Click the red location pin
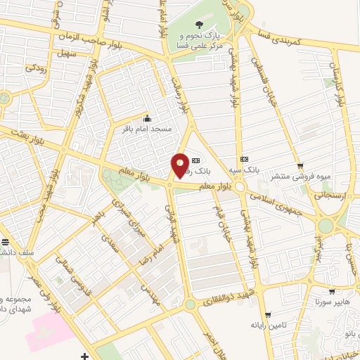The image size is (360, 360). tap(181, 166)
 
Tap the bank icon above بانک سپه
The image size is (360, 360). tap(245, 160)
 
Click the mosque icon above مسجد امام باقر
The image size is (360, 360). tap(147, 118)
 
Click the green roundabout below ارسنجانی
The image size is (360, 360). tap(326, 226)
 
